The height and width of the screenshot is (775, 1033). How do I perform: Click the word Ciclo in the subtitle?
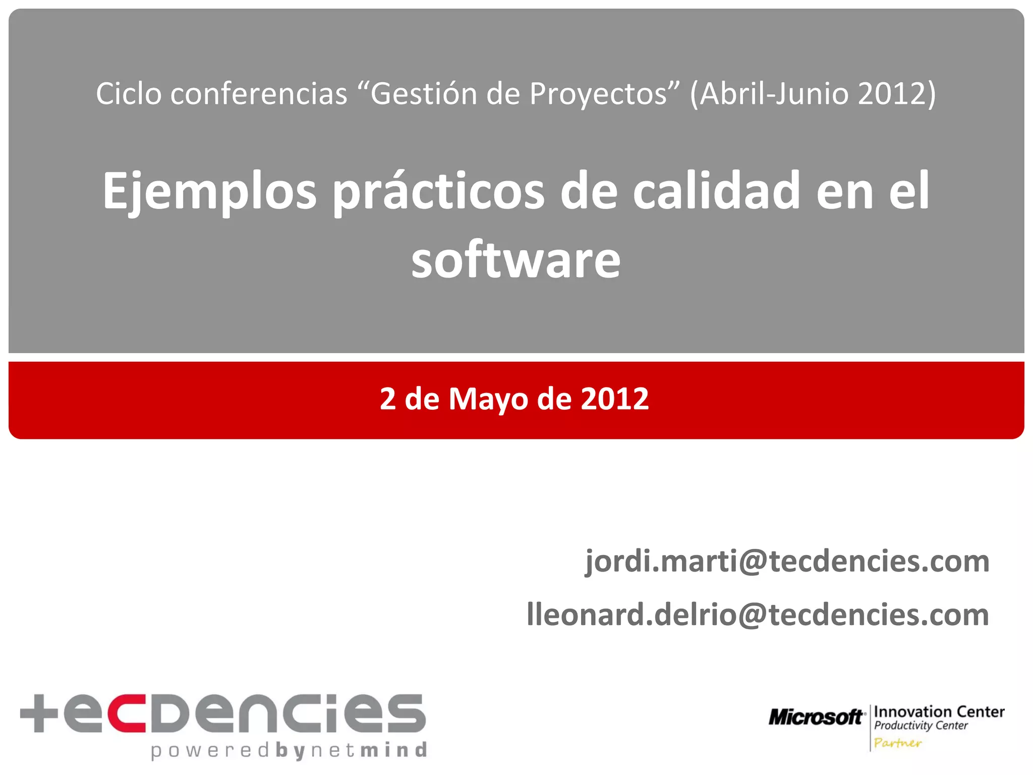129,94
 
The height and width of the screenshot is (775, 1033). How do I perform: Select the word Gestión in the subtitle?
423,94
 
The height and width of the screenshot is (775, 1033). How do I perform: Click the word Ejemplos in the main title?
209,192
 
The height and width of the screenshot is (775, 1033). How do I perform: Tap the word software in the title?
515,260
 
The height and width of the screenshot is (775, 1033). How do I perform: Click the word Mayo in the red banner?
489,399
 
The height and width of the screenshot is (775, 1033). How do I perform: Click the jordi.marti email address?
787,562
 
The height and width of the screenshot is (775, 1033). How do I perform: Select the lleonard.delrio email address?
758,615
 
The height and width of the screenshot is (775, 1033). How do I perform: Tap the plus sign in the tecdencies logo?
39,713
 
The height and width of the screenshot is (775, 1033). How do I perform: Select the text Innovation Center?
939,712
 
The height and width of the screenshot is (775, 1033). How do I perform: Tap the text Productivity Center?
921,726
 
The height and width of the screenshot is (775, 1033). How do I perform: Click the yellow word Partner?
897,743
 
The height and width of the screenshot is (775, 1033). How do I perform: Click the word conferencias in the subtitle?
259,94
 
